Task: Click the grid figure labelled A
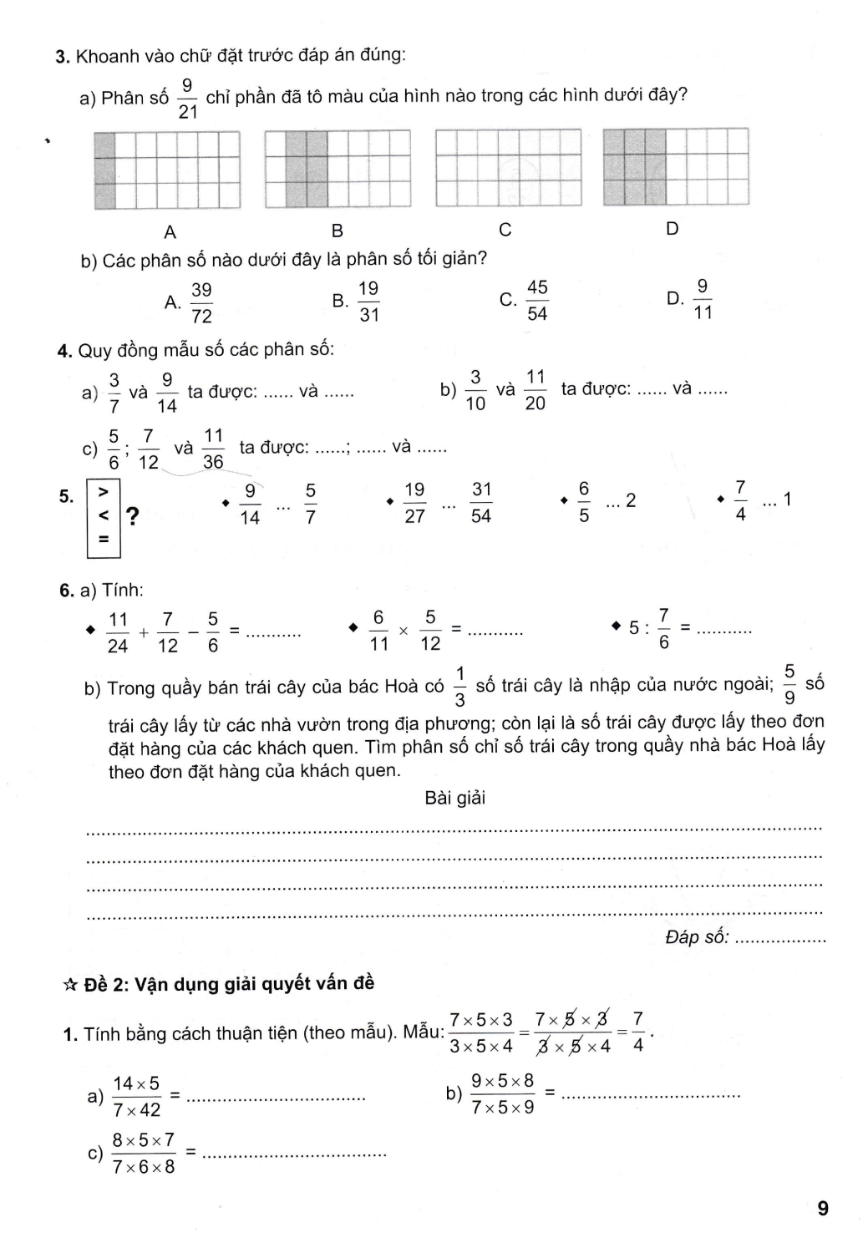coord(167,170)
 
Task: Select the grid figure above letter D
coord(675,167)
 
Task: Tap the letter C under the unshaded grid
coord(505,230)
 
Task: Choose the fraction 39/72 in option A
coord(201,302)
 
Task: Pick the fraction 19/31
coord(368,302)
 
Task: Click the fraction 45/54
coord(537,300)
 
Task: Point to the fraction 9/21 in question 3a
coord(187,98)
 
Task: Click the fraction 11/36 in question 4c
coord(213,449)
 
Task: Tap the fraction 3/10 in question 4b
coord(475,390)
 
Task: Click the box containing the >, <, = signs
coord(104,517)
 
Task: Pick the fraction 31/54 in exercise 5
coord(481,502)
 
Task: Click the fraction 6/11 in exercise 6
coord(379,631)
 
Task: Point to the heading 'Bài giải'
coord(454,798)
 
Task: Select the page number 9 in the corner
coord(823,1208)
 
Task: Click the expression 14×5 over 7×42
coord(136,1097)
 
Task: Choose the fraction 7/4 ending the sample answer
coord(638,1032)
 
